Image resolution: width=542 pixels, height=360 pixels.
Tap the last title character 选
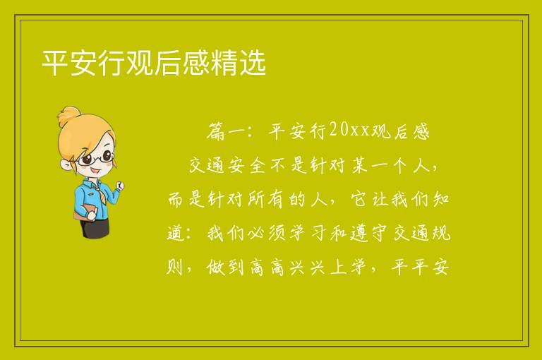coord(253,63)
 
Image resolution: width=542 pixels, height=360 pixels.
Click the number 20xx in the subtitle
coord(349,131)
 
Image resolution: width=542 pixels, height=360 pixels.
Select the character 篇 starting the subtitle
coord(216,131)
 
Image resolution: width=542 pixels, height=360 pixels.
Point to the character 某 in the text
coord(359,166)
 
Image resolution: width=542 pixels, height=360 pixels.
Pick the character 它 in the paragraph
coord(359,200)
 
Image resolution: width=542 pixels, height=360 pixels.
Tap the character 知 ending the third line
coord(441,200)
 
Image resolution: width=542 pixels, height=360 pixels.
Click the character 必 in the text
coord(257,233)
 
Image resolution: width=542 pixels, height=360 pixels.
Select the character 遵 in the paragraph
coord(359,233)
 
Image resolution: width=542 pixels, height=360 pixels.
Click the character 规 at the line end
coord(441,233)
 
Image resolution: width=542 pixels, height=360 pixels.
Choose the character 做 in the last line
coord(216,268)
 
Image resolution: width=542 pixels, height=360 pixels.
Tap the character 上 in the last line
coord(339,268)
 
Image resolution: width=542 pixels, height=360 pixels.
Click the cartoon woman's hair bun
coord(69,116)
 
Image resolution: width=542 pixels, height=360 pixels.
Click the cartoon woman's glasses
coord(96,158)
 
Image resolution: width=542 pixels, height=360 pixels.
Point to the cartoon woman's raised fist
coord(120,186)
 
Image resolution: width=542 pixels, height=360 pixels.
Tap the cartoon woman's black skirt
coord(95,228)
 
